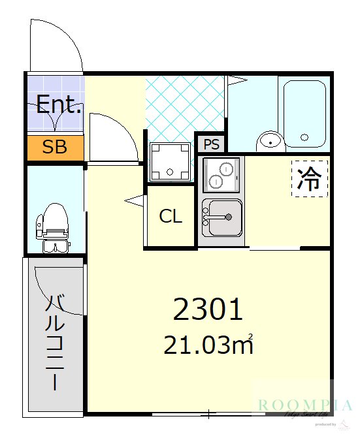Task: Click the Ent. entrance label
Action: [x=58, y=104]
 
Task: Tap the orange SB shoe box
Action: [x=55, y=148]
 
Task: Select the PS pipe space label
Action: [x=212, y=144]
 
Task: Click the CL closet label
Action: [x=171, y=217]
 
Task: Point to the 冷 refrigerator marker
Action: [x=309, y=179]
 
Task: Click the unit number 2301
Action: [x=208, y=310]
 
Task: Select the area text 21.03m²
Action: [x=208, y=345]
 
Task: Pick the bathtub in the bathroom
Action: [x=304, y=112]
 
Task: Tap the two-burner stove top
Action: [x=221, y=172]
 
